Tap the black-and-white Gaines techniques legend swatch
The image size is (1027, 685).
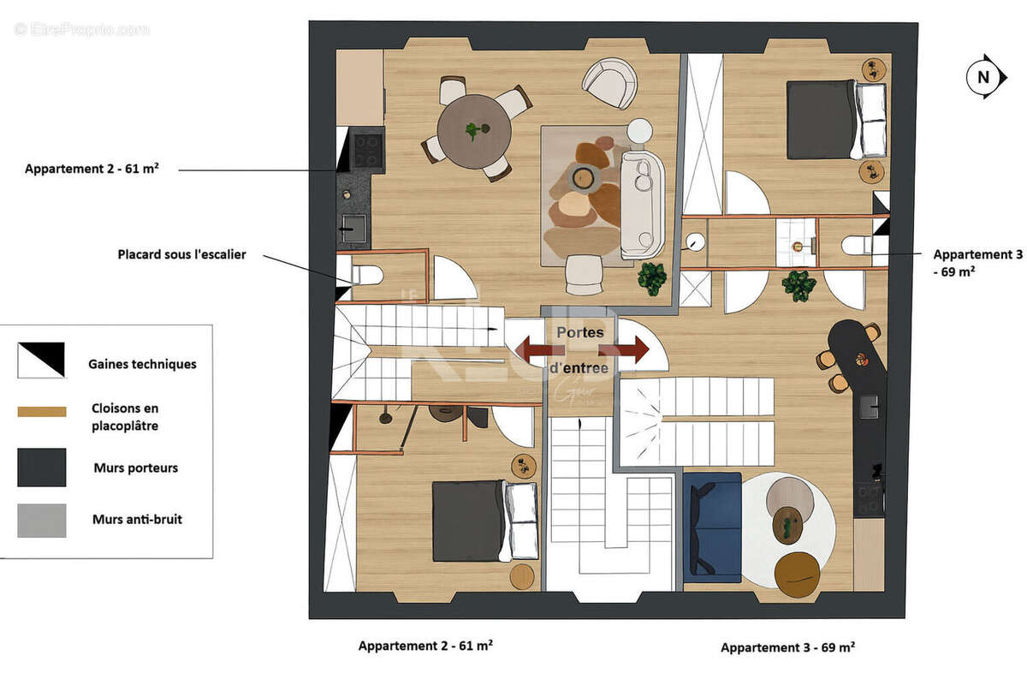[x=41, y=360]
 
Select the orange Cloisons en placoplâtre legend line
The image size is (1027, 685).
[x=41, y=412]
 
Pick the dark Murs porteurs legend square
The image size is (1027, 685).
[x=41, y=468]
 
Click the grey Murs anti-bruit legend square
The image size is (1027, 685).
[x=41, y=520]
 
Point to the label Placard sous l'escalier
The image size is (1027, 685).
[x=181, y=254]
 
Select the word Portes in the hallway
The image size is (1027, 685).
[x=580, y=332]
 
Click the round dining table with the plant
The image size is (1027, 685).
[x=474, y=131]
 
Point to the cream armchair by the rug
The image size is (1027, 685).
[x=610, y=82]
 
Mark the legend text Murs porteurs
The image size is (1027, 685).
[x=135, y=468]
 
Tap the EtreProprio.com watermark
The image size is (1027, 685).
[x=81, y=29]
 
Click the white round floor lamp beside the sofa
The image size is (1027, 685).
[x=639, y=131]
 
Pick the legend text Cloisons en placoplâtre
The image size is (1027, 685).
[x=125, y=417]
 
